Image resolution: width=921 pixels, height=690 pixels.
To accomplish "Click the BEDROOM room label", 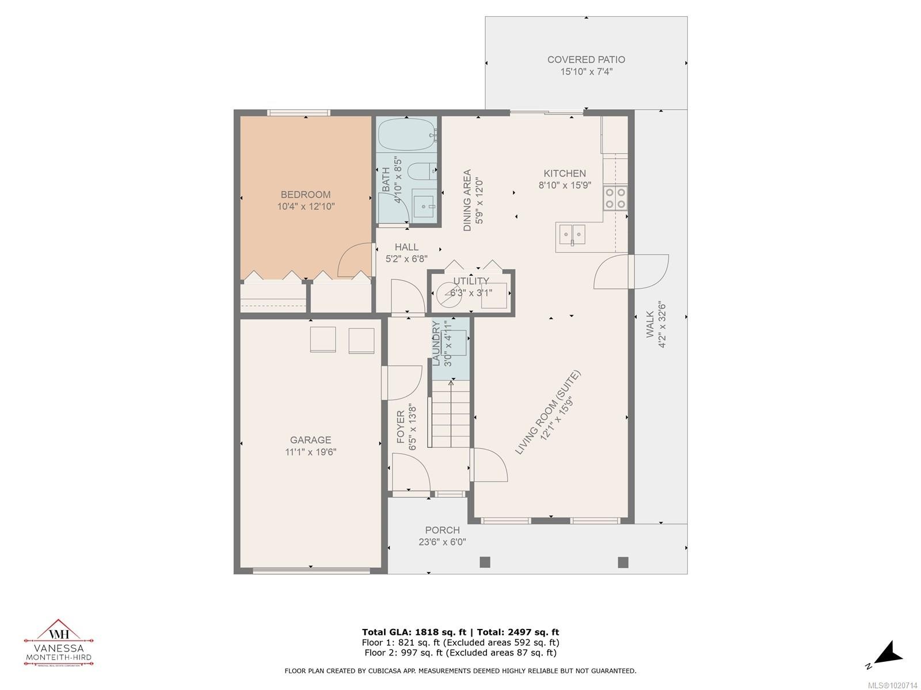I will click(305, 194).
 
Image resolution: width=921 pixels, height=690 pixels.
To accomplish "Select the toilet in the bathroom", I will click(421, 171).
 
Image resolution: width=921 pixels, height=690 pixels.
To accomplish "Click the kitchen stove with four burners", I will click(615, 198).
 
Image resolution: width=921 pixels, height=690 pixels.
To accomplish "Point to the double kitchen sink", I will click(572, 234).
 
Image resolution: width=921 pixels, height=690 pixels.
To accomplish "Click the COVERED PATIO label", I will click(586, 59).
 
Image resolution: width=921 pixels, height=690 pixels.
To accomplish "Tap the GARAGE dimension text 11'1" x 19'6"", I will click(310, 452).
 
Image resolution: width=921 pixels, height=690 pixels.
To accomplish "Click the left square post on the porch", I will click(485, 562).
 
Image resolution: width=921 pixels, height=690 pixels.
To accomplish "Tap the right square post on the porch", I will click(623, 562).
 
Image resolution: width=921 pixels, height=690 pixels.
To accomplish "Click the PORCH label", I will click(442, 530).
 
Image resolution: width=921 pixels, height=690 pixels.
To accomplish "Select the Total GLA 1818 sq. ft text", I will click(414, 632).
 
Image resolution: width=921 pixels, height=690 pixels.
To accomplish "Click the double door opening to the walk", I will click(631, 272).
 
